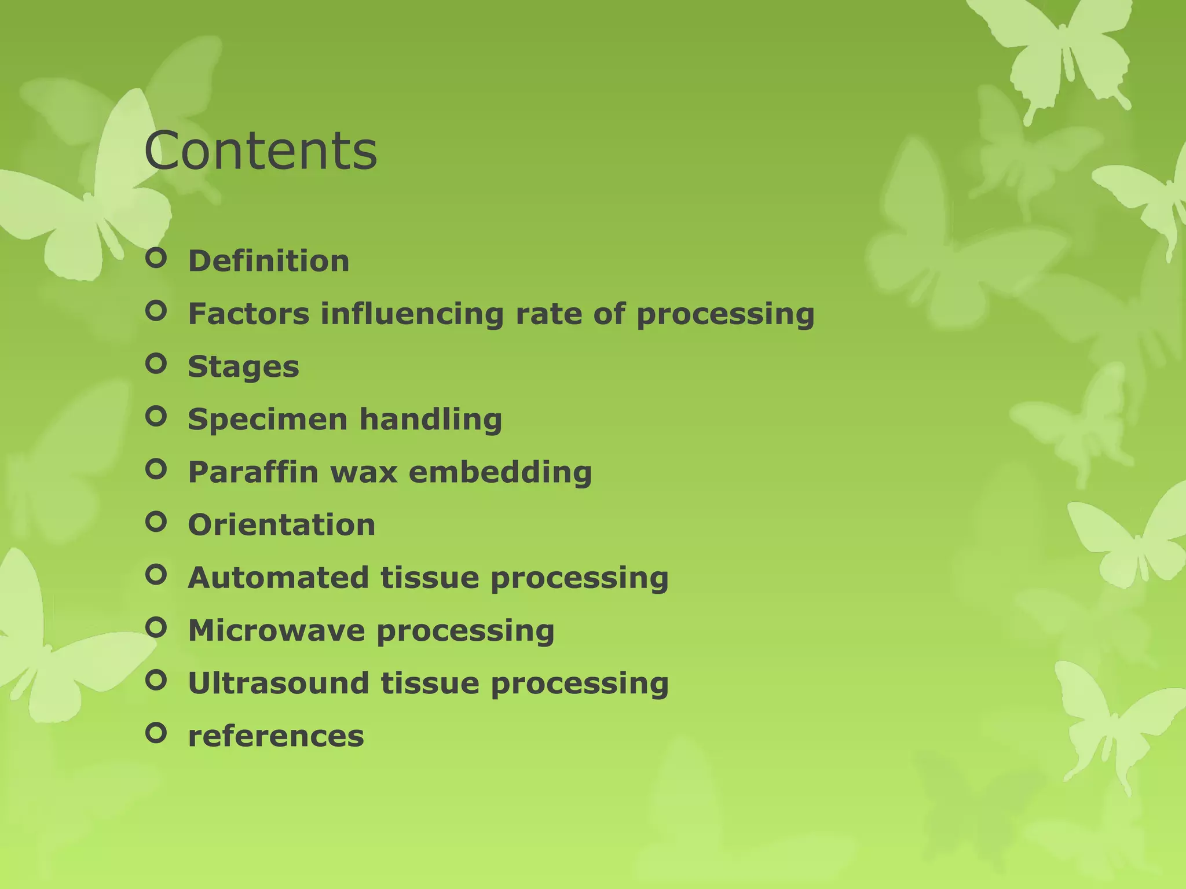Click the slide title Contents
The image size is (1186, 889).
tap(261, 151)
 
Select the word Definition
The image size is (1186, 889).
tap(269, 261)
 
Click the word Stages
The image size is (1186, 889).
tap(243, 367)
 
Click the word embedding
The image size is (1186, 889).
tap(500, 472)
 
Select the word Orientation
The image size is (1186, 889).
tap(281, 525)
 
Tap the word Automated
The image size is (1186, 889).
tap(278, 578)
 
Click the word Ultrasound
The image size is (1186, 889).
tap(278, 683)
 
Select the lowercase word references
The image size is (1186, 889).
tap(276, 736)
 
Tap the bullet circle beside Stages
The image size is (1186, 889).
tap(156, 363)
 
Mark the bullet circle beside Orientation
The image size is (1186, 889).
tap(156, 522)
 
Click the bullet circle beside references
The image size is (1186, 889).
tap(156, 733)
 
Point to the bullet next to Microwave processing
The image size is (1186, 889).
tap(156, 627)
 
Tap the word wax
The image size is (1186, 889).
tap(364, 472)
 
